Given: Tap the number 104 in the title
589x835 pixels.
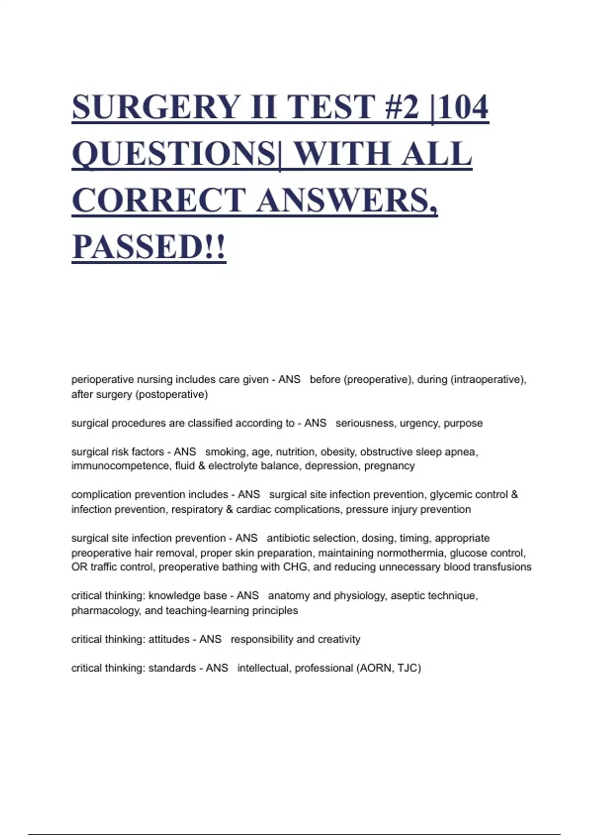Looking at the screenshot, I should (x=464, y=107).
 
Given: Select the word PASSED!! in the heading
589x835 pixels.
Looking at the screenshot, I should (x=149, y=247).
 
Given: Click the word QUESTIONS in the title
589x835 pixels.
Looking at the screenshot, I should (x=174, y=154).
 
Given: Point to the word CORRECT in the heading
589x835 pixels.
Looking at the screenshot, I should (x=158, y=200).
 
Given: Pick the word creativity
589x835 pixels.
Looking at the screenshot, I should (x=339, y=640).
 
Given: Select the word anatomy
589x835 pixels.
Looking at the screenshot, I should (x=288, y=596).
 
